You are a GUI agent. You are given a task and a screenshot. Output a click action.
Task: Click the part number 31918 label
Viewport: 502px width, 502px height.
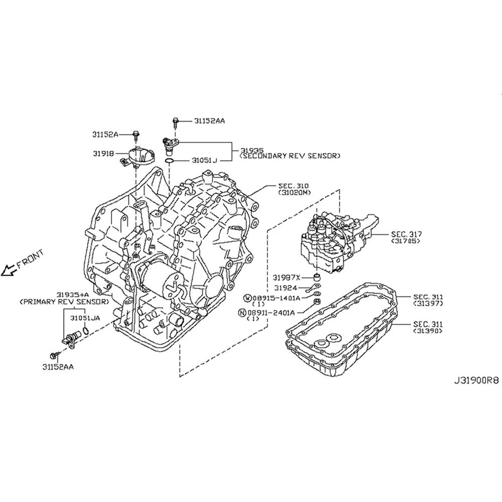pyautogui.click(x=103, y=154)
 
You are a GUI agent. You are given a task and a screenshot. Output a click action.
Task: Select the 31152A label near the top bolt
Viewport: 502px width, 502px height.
pyautogui.click(x=105, y=135)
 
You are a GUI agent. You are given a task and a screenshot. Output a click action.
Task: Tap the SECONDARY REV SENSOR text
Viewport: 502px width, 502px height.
pyautogui.click(x=290, y=156)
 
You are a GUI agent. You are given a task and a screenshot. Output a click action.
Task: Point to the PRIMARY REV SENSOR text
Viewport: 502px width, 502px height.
pyautogui.click(x=64, y=302)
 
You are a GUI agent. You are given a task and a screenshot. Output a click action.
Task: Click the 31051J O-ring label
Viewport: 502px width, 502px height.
pyautogui.click(x=204, y=160)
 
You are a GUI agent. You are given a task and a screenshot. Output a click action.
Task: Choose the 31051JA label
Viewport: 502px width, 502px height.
pyautogui.click(x=85, y=318)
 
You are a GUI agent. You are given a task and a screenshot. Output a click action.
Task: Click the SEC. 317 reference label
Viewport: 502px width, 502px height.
pyautogui.click(x=406, y=234)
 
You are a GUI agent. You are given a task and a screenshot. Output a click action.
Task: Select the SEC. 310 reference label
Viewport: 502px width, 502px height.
pyautogui.click(x=293, y=186)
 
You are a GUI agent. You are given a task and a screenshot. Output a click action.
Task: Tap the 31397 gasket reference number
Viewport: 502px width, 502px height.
pyautogui.click(x=428, y=303)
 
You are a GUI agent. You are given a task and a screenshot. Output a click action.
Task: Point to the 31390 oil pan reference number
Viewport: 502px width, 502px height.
pyautogui.click(x=428, y=331)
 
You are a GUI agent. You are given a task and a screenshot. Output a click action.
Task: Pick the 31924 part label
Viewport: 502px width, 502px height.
pyautogui.click(x=286, y=288)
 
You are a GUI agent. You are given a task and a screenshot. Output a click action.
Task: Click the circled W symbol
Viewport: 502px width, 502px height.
pyautogui.click(x=248, y=298)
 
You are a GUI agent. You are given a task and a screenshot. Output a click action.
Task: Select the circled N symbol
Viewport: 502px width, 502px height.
pyautogui.click(x=242, y=312)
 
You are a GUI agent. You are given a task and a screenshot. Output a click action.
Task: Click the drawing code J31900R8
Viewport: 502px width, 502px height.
pyautogui.click(x=476, y=381)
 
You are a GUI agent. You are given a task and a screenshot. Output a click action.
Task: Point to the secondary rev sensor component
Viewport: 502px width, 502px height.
pyautogui.click(x=170, y=145)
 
